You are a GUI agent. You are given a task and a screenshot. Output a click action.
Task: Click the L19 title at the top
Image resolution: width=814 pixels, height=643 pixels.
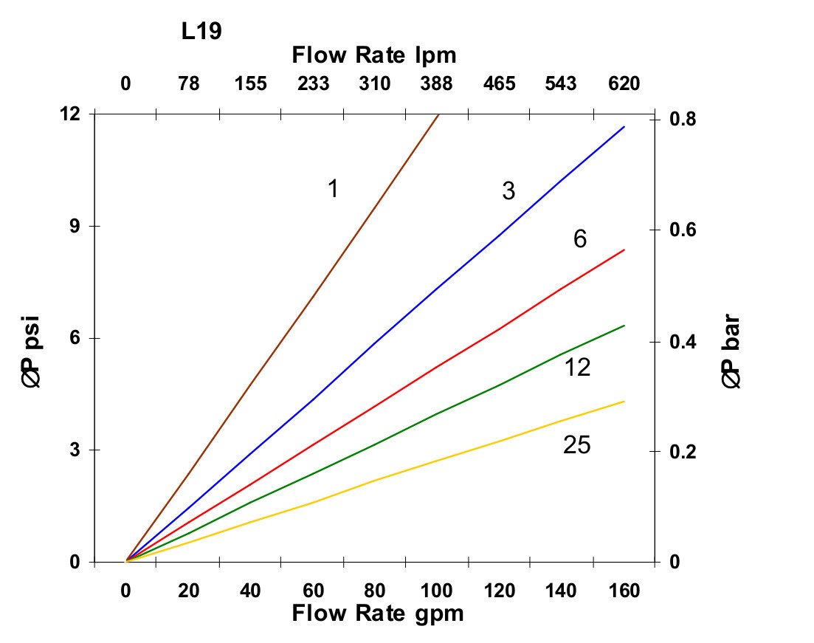click(x=202, y=31)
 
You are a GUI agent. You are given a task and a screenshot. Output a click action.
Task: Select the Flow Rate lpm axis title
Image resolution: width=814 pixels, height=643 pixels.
click(x=374, y=55)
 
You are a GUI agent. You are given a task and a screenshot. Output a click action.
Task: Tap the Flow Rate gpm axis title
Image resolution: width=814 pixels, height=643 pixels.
click(x=378, y=613)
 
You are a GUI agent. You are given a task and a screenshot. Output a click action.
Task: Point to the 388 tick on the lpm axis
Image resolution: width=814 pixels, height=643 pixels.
click(x=437, y=83)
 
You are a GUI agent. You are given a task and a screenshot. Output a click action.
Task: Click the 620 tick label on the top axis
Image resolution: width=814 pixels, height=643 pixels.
click(x=624, y=83)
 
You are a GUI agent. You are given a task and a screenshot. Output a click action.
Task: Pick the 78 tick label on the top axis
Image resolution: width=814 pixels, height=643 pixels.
click(x=189, y=83)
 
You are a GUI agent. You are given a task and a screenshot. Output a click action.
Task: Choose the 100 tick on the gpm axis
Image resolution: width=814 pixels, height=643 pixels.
click(x=438, y=591)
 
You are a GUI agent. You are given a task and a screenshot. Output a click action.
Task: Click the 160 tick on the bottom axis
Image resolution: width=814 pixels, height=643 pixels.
click(x=624, y=591)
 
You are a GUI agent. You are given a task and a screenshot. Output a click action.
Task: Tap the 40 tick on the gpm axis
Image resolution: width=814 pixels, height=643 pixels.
click(x=251, y=591)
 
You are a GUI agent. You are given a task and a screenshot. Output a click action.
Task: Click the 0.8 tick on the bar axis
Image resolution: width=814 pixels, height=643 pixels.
click(x=681, y=120)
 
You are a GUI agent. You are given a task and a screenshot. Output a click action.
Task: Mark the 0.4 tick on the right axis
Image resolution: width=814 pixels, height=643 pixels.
click(x=681, y=342)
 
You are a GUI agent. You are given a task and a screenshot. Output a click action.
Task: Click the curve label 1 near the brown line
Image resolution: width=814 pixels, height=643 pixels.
click(x=333, y=189)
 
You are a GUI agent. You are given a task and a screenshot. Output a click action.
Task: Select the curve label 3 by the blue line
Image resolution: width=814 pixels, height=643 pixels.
click(x=508, y=191)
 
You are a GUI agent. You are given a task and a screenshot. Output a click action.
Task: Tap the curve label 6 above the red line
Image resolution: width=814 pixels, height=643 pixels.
click(x=580, y=239)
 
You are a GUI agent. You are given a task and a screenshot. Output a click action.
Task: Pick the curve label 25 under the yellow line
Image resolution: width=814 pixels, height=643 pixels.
click(x=576, y=445)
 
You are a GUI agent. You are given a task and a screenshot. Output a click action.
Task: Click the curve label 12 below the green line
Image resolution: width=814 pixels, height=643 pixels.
click(x=577, y=367)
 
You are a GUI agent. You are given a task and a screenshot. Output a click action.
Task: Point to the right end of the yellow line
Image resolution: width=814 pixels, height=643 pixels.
click(x=624, y=402)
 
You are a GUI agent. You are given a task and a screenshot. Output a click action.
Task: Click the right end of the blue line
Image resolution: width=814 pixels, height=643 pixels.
click(x=624, y=127)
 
